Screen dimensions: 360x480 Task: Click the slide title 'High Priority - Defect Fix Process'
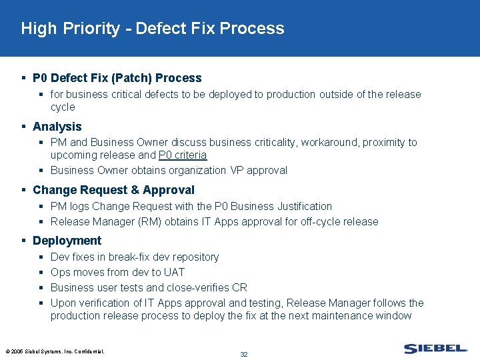[x=153, y=29]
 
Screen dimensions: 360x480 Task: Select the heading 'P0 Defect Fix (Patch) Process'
[x=117, y=78]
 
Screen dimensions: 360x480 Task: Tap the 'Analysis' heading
[x=57, y=127]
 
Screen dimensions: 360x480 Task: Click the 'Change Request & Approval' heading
[x=113, y=190]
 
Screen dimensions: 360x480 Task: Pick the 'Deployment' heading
[x=67, y=241]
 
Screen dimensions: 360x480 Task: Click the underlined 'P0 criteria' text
[x=183, y=155]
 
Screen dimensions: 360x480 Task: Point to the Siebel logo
[x=435, y=349]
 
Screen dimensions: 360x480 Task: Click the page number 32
[x=243, y=354]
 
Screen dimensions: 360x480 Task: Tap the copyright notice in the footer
[x=55, y=351]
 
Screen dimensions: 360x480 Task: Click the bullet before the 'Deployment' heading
[x=24, y=241]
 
